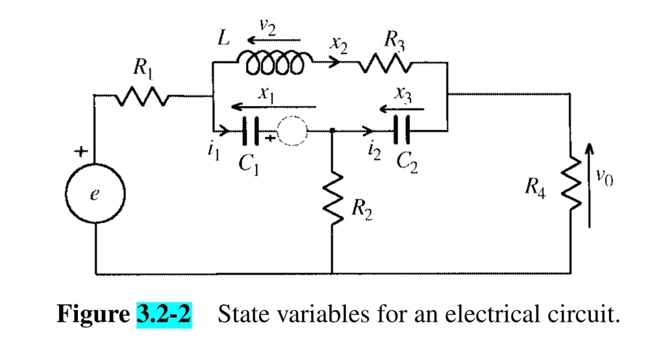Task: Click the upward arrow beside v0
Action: (590, 185)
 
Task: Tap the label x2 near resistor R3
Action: (338, 45)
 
